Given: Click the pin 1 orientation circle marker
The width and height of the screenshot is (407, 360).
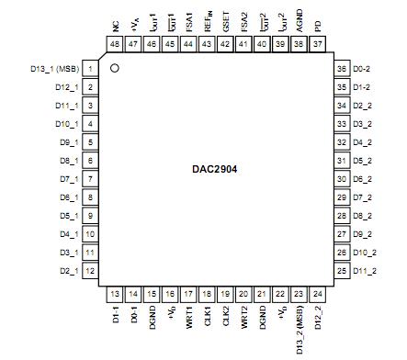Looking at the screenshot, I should coord(115,68).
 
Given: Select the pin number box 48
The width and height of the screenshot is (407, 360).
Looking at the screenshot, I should coord(115,44).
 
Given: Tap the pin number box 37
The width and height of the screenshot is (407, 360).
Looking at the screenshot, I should coord(318,44).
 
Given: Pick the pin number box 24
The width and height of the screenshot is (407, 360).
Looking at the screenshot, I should coord(318,294).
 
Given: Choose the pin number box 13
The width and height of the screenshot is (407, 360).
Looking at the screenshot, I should coord(115,294).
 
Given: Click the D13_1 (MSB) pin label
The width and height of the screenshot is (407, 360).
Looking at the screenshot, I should coord(53,69).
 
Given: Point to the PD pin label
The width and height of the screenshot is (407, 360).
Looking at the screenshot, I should coord(318,19).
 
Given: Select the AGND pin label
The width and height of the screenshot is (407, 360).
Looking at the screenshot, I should coord(300,19).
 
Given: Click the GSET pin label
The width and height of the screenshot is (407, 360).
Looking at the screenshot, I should coord(226,18).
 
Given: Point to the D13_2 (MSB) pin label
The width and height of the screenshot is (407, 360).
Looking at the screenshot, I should coord(300,330).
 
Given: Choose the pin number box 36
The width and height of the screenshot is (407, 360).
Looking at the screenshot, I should coord(341,69).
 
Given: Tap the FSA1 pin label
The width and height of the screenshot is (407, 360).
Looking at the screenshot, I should coord(189,18).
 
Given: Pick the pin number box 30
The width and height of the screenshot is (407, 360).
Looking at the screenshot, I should coord(341,179).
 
